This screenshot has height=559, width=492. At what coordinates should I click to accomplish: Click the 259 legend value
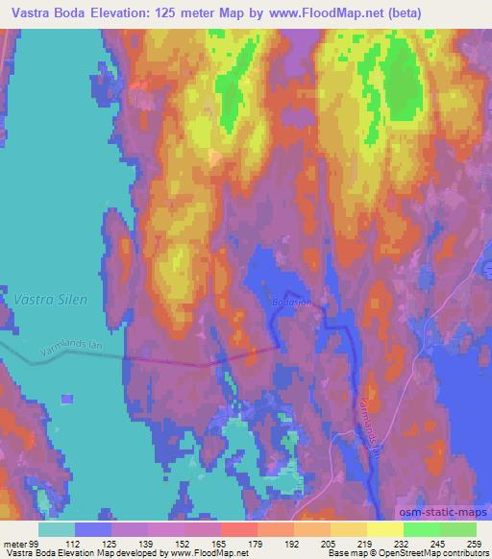pyautogui.click(x=473, y=544)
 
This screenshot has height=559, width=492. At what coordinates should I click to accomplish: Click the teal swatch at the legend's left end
pyautogui.click(x=57, y=529)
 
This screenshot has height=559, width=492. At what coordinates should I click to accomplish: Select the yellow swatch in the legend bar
pyautogui.click(x=384, y=529)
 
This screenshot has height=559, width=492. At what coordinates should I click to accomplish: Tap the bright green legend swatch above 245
pyautogui.click(x=421, y=529)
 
